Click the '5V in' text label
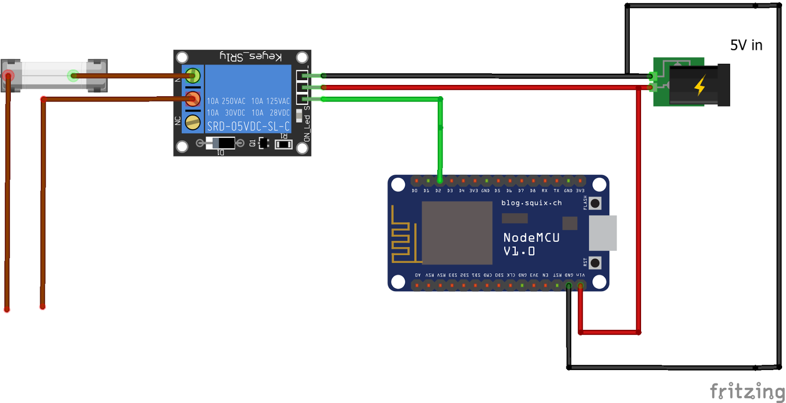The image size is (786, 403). coord(746,45)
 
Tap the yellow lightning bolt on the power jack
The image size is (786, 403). coord(700,85)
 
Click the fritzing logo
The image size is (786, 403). coord(747,391)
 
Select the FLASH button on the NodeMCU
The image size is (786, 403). coord(595,203)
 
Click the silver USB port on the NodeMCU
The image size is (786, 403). coord(603,233)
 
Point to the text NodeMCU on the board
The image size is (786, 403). coord(531,238)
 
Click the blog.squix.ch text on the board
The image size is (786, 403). coord(531,203)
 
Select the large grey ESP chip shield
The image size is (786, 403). coord(457,233)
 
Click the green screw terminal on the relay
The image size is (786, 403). coord(193,76)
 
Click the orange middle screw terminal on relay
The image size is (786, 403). coord(193,99)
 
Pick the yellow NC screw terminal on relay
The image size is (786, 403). coord(193,122)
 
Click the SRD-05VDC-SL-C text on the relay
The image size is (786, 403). coord(248,127)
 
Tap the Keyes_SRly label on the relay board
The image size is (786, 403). coord(251,56)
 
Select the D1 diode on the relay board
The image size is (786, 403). coord(220,143)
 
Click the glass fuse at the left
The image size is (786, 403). coord(54,75)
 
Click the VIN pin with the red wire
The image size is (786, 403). coord(581,285)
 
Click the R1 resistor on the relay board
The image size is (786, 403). coord(283,144)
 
